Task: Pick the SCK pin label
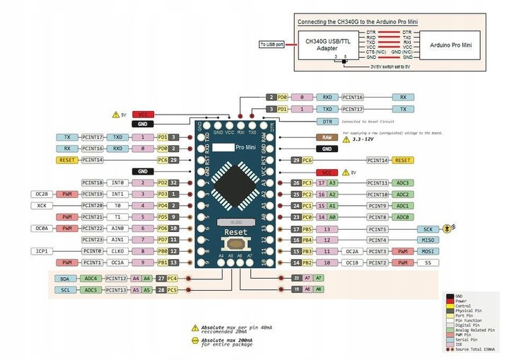point(428,229)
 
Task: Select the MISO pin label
point(428,240)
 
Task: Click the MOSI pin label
point(428,251)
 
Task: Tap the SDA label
point(65,279)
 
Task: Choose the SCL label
point(65,290)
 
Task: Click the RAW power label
point(326,137)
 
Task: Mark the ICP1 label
point(40,251)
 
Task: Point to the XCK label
point(40,205)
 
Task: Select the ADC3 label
point(403,182)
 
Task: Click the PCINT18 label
point(93,182)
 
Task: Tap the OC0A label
point(40,228)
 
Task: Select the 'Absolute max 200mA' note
point(226,341)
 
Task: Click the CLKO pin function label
point(117,251)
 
